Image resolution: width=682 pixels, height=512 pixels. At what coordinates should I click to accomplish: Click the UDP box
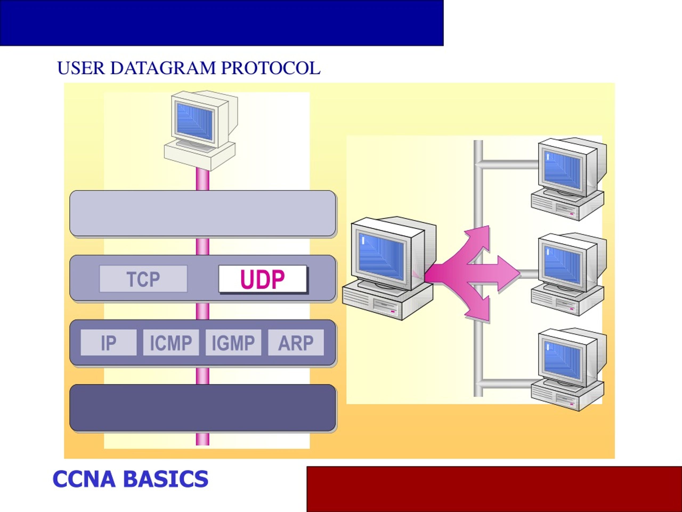[x=263, y=279]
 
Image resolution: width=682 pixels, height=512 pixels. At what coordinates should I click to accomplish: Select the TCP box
[x=143, y=279]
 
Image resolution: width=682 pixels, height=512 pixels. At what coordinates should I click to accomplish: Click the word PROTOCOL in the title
[x=271, y=68]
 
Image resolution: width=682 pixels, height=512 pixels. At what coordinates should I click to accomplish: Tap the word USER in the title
[x=81, y=68]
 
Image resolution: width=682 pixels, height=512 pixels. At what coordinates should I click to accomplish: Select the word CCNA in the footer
[x=84, y=479]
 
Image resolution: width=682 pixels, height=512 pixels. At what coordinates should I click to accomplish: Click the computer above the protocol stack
[x=201, y=131]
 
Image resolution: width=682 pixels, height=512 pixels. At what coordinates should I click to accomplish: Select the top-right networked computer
[x=569, y=179]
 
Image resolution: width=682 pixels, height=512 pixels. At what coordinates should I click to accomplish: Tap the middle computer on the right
[x=569, y=274]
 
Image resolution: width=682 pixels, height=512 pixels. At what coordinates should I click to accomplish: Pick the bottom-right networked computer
[x=569, y=369]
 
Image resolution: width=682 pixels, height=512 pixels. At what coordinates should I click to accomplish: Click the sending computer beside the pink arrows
[x=389, y=268]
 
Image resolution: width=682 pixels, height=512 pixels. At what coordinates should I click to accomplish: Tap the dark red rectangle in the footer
[x=494, y=489]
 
